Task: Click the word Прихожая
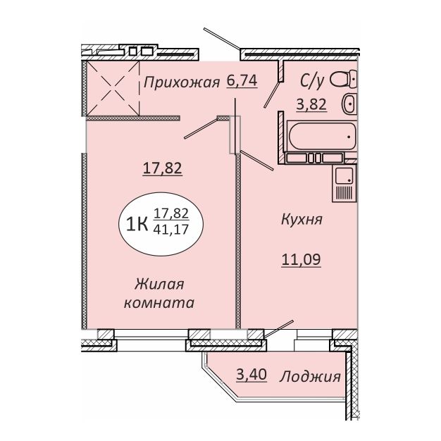coord(182,83)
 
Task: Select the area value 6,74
coord(242,81)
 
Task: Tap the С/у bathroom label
coord(312,81)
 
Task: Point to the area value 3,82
coord(311,105)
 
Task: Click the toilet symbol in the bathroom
coord(344,79)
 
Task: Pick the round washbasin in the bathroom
coord(349,104)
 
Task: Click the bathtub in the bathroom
coord(322,137)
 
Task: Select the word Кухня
coord(302,219)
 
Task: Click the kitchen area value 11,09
coord(302,259)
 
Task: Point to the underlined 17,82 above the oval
coord(163,168)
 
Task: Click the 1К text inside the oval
coord(137,225)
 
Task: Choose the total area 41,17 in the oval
coord(171,230)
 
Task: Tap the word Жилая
coord(159,284)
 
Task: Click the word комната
coord(159,303)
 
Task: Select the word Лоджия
coord(310,377)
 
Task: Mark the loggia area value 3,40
coord(251,375)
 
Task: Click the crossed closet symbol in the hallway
coord(113,89)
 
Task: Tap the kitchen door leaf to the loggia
coord(279,328)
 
